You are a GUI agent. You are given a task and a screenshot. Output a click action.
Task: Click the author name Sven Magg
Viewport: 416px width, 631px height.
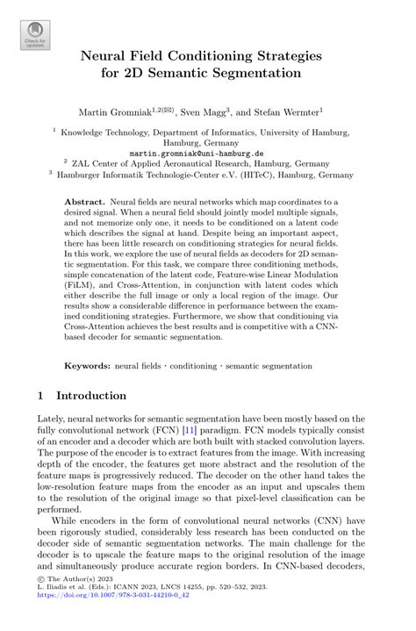pos(204,112)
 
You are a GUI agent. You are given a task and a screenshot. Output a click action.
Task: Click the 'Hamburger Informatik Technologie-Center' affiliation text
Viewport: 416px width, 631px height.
pos(166,174)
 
